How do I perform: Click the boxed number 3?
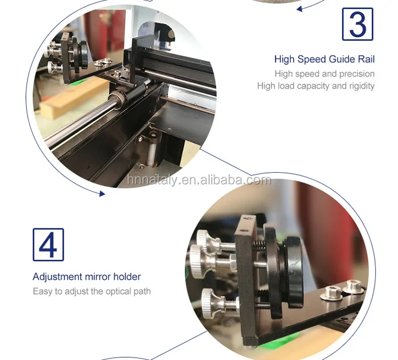click(358, 24)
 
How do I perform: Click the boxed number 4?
click(48, 244)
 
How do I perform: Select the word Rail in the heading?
click(366, 59)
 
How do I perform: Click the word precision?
click(357, 74)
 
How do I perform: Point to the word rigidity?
click(362, 86)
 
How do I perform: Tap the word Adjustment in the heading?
click(58, 277)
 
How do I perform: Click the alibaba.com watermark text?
click(199, 180)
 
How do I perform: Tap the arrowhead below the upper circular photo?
click(102, 194)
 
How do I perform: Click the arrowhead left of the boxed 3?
click(299, 9)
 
